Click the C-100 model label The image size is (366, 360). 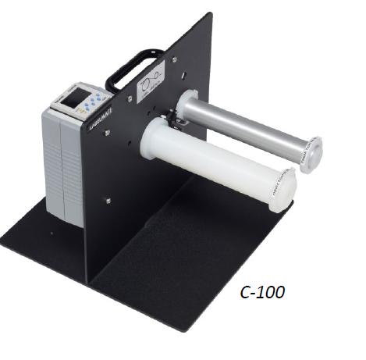262,294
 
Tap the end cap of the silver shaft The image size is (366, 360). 311,152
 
